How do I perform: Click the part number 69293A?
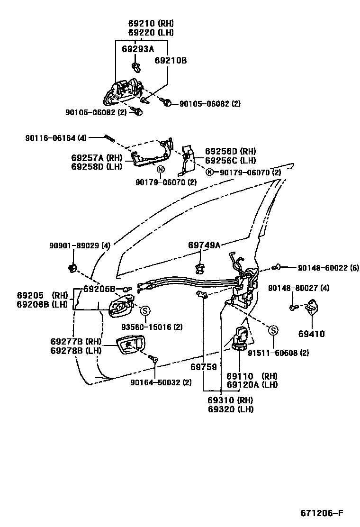138,49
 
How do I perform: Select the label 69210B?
171,61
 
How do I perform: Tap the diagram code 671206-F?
322,514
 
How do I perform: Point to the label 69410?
311,334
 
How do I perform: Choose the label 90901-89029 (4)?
80,245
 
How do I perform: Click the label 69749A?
204,245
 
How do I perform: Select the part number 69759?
204,367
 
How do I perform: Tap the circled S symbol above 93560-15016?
145,310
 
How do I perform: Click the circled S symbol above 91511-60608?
273,330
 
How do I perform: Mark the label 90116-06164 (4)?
56,137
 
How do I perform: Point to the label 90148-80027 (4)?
298,288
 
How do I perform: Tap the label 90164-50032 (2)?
161,382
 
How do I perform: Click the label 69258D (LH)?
97,166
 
